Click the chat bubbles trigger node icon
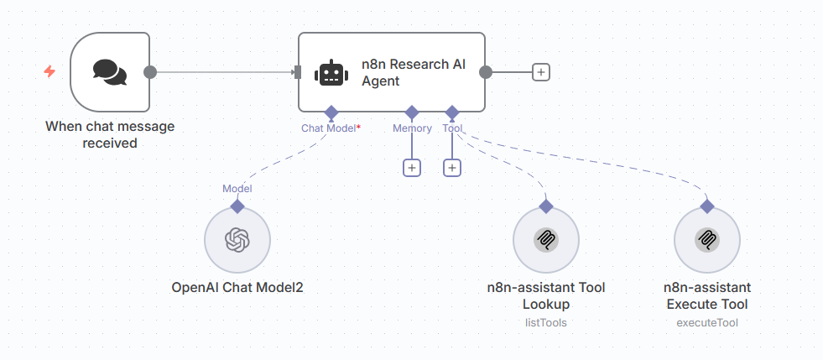tap(110, 72)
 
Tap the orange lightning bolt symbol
tap(49, 72)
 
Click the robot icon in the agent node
tap(331, 73)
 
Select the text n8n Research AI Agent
tap(413, 73)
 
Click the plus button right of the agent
tap(541, 72)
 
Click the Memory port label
tap(412, 128)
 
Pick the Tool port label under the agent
tap(452, 128)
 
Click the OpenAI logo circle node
tap(237, 241)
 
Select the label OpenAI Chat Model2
tap(237, 288)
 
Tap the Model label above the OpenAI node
tap(237, 189)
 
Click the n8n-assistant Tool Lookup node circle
tap(546, 241)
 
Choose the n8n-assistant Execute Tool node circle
tap(707, 241)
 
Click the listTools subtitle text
tap(546, 322)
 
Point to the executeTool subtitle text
tap(707, 322)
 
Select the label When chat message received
tap(110, 135)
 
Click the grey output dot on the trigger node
tap(150, 72)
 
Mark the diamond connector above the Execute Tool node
tap(707, 205)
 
